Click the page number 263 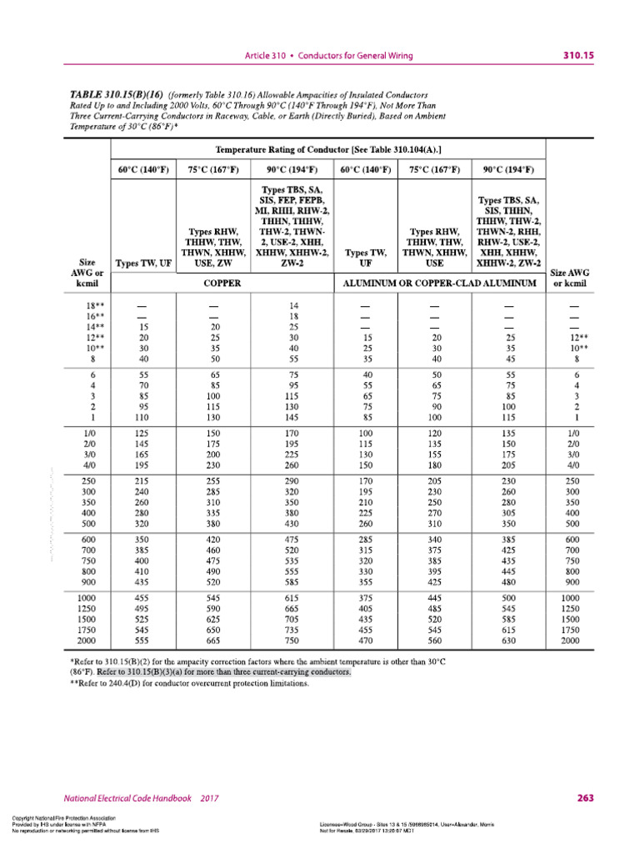(x=585, y=798)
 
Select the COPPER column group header (x=222, y=284)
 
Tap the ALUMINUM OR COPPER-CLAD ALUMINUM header (x=441, y=284)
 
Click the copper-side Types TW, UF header (x=144, y=263)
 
